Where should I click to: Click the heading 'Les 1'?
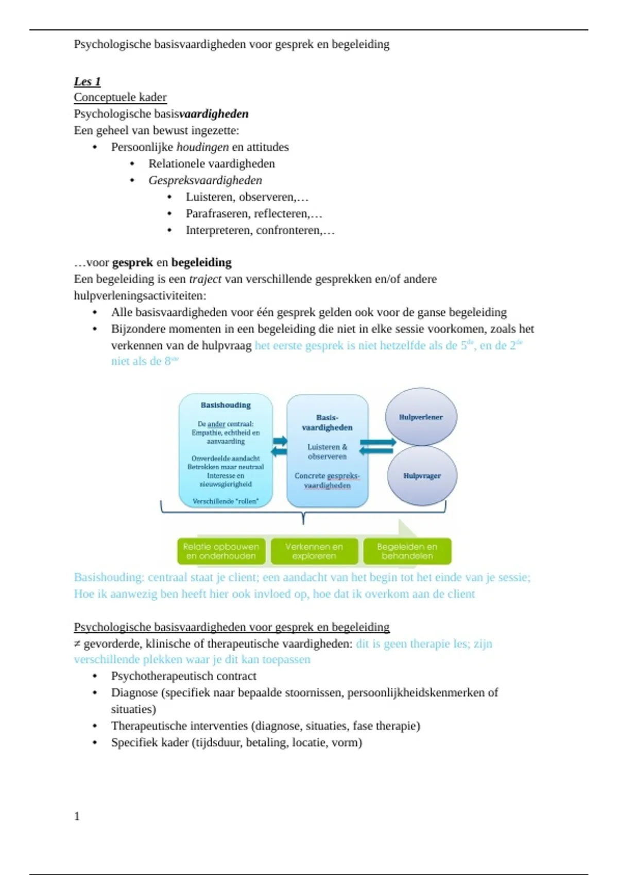pyautogui.click(x=87, y=81)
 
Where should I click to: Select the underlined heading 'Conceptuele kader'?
pyautogui.click(x=120, y=97)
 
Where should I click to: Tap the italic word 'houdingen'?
pyautogui.click(x=202, y=147)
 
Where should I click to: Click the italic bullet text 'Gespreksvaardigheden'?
pyautogui.click(x=205, y=181)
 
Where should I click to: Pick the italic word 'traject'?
pyautogui.click(x=205, y=279)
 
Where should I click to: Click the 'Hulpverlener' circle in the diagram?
pyautogui.click(x=421, y=417)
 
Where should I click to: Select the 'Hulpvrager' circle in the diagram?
pyautogui.click(x=422, y=476)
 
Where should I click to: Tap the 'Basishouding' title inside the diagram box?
pyautogui.click(x=226, y=405)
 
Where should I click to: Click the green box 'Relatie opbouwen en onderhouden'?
pyautogui.click(x=221, y=551)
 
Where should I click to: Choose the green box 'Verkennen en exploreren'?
pyautogui.click(x=314, y=551)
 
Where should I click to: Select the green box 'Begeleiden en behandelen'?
pyautogui.click(x=407, y=551)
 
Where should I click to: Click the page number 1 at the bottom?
pyautogui.click(x=77, y=816)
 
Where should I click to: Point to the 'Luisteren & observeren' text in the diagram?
pyautogui.click(x=327, y=451)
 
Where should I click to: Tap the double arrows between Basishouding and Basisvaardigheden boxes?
pyautogui.click(x=280, y=446)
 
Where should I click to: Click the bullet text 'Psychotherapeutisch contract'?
pyautogui.click(x=183, y=676)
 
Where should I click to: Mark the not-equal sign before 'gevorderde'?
pyautogui.click(x=77, y=644)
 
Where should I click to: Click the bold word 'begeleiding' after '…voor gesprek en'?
pyautogui.click(x=201, y=262)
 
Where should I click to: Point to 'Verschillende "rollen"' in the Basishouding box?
pyautogui.click(x=226, y=501)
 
